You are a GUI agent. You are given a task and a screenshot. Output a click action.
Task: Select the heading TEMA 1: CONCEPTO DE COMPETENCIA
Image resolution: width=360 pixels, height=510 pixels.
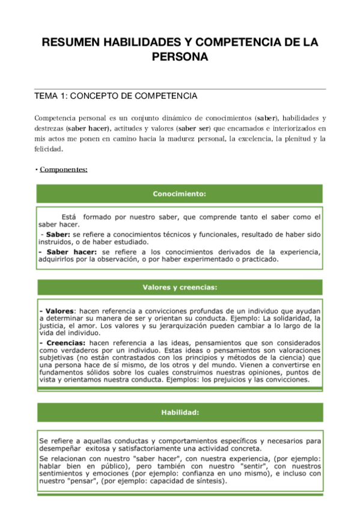(x=116, y=96)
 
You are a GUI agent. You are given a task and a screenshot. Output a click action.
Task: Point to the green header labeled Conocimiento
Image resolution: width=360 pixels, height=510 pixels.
(x=180, y=194)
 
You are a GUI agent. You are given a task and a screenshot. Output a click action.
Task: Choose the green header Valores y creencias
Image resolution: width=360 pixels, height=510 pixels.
(x=180, y=287)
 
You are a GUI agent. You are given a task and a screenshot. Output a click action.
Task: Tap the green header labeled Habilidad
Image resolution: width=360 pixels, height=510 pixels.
(x=180, y=413)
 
